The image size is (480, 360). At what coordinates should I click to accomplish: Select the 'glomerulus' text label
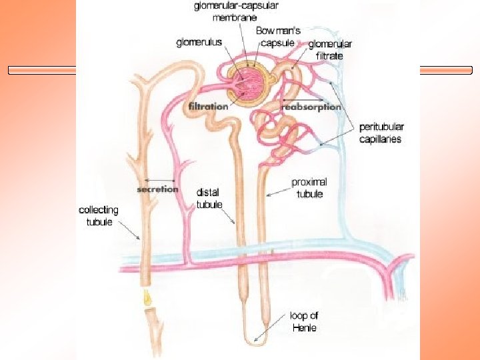198,43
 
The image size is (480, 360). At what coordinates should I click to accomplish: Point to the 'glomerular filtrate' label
329,50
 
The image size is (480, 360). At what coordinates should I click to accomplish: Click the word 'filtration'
208,106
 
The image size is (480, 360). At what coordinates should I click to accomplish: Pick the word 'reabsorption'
311,106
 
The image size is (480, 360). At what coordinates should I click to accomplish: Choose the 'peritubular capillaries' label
381,133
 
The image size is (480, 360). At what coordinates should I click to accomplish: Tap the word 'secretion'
158,189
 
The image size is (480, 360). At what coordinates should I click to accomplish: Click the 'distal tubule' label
208,199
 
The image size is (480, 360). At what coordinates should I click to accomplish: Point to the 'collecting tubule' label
99,215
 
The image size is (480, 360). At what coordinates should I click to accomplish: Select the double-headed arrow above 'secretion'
159,179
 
